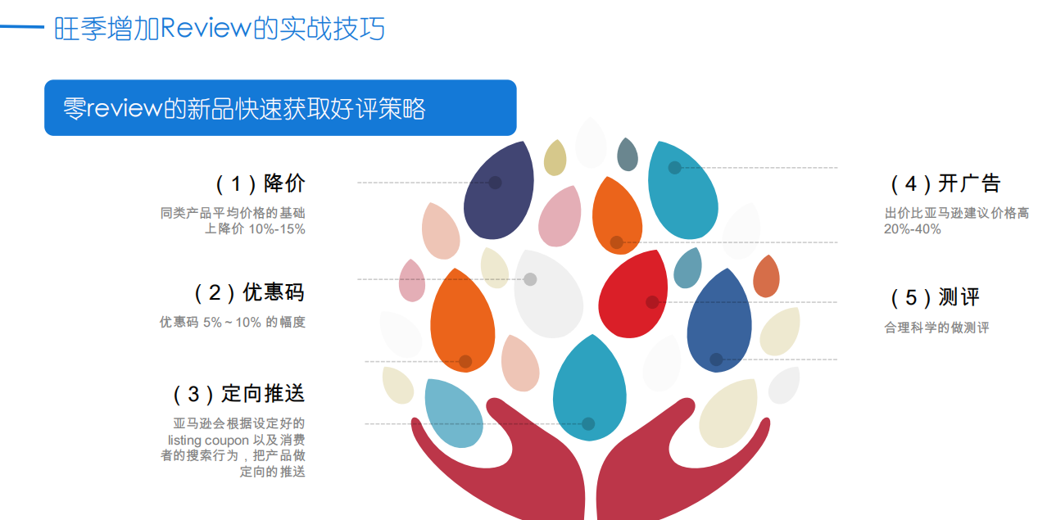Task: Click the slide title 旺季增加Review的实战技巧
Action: coord(220,29)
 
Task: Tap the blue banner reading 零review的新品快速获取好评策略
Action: coord(280,108)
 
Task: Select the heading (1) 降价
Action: coord(261,183)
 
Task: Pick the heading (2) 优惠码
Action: coord(249,292)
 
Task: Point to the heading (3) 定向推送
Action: coord(239,394)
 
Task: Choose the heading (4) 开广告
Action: coord(945,183)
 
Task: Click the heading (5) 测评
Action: coord(935,297)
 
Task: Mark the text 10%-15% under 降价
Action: coord(277,229)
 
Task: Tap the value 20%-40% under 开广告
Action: coord(912,229)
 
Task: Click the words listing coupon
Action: coord(208,440)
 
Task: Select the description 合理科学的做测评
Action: coord(936,328)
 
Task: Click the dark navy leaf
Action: coord(499,191)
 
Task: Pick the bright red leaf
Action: coord(633,294)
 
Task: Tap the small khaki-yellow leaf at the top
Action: coord(555,158)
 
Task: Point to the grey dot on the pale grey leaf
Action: coord(530,279)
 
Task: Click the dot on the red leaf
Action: coord(652,302)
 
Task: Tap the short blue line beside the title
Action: coord(22,27)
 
